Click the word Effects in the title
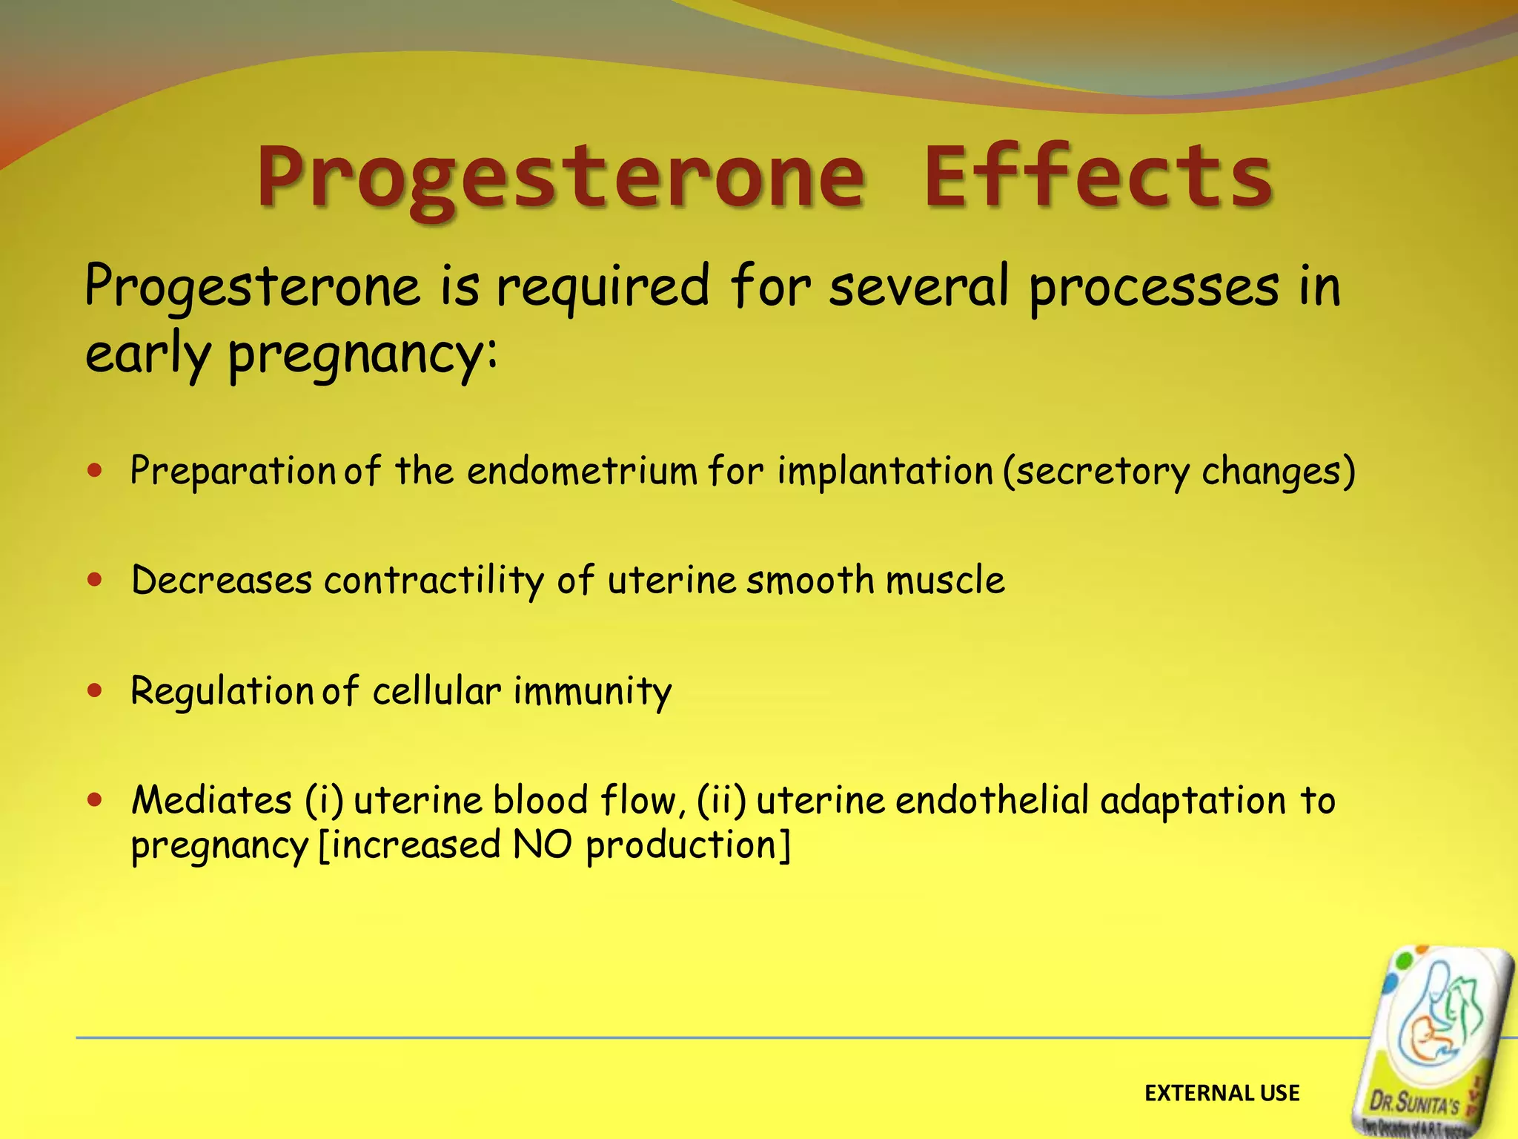(1098, 177)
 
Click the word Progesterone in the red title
(561, 179)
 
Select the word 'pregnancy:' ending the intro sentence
(363, 355)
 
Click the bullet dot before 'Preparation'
(94, 470)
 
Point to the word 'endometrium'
(582, 472)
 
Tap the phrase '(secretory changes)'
(1179, 472)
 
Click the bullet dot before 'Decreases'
(94, 580)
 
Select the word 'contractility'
(434, 581)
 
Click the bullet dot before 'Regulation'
(94, 690)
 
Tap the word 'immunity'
(592, 692)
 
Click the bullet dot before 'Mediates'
(94, 800)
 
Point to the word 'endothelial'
(992, 801)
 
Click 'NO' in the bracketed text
(543, 845)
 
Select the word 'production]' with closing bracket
(688, 846)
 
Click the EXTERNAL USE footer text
(1222, 1093)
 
